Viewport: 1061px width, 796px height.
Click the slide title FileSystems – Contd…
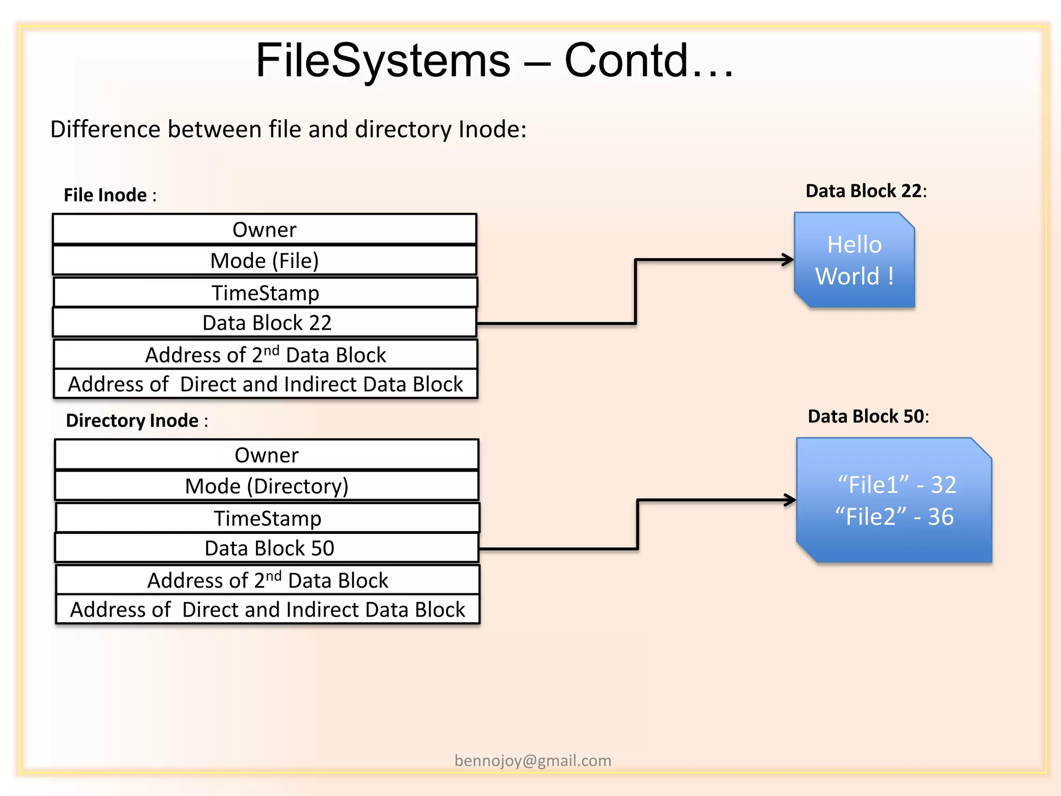point(495,61)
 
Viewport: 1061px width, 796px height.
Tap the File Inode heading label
point(109,195)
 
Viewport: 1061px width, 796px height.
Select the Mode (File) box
point(264,261)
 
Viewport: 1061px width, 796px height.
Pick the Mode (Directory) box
point(266,486)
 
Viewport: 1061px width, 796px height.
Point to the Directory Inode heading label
point(136,420)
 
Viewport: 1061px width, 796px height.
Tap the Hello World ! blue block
point(854,260)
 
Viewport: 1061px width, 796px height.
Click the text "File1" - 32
point(897,485)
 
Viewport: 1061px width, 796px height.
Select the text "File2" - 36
point(895,517)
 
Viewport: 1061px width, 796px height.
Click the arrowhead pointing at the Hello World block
point(788,260)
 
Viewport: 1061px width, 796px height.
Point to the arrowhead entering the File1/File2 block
point(791,500)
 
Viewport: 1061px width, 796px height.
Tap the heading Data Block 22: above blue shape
point(866,191)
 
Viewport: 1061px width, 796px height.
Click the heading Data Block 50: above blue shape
point(868,417)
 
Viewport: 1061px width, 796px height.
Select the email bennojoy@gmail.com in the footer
point(533,761)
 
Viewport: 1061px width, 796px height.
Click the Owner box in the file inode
point(264,230)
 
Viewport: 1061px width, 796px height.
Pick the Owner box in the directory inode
point(266,455)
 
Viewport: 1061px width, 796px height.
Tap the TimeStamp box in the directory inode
point(267,518)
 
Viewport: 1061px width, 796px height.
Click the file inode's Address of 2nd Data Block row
point(265,355)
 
